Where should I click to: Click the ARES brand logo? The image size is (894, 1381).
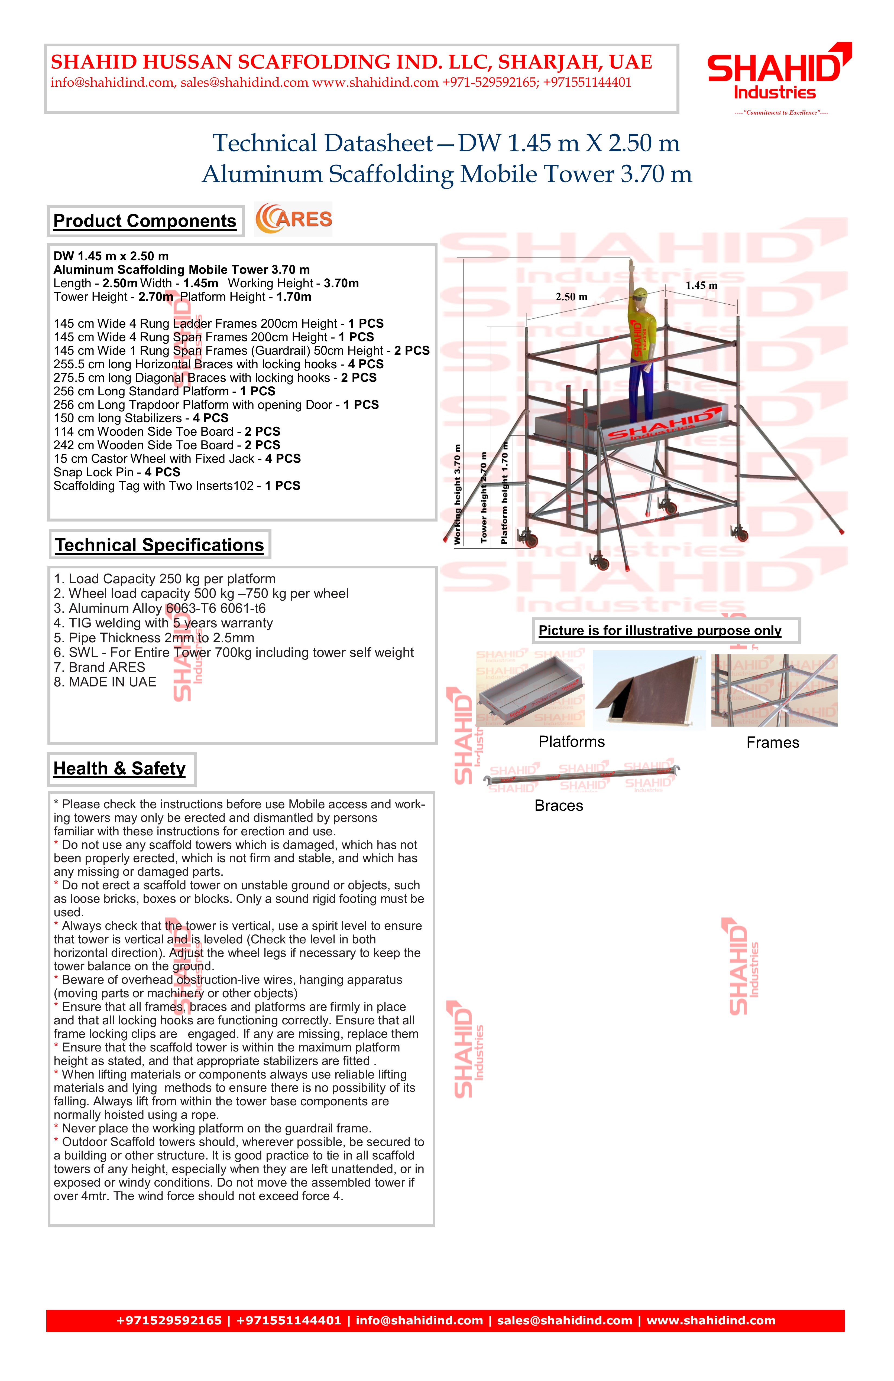(294, 219)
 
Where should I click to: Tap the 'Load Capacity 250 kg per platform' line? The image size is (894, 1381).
(165, 579)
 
